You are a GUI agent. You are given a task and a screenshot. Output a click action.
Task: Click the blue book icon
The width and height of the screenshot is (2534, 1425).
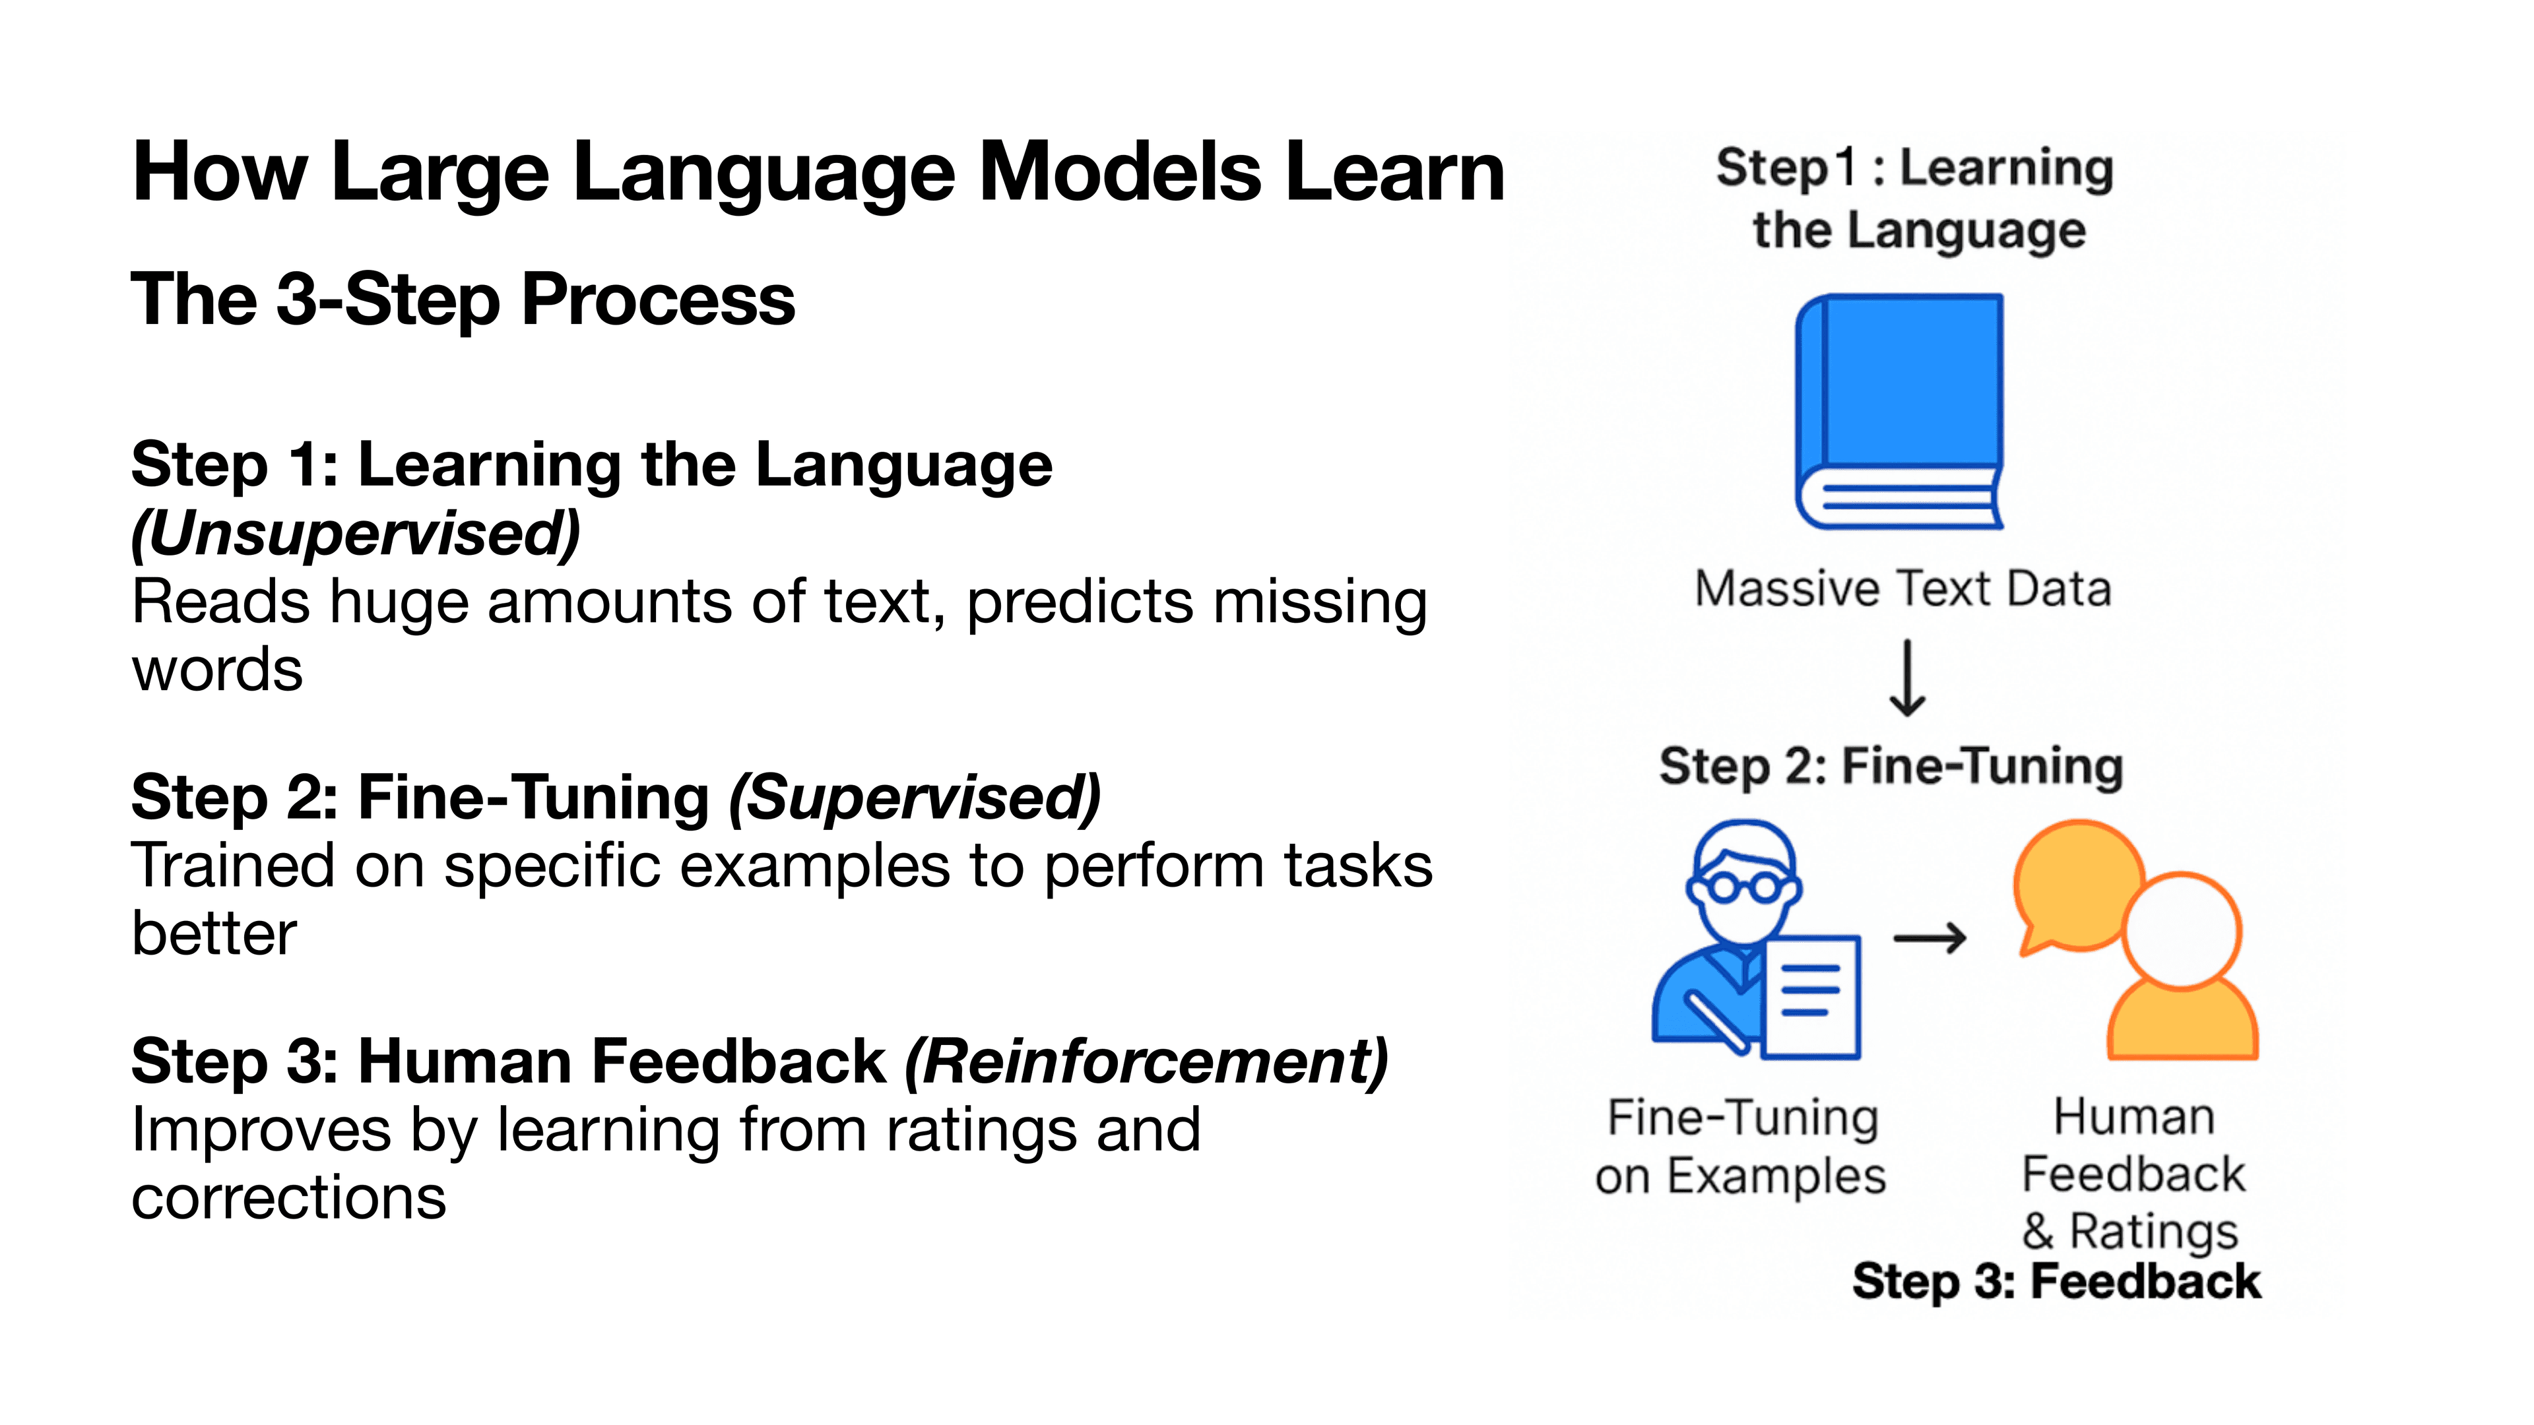coord(1899,411)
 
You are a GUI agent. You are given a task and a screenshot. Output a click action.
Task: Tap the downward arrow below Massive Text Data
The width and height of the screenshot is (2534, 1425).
coord(1907,679)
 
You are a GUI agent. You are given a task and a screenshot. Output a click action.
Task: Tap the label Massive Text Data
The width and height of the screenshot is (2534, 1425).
coord(1902,589)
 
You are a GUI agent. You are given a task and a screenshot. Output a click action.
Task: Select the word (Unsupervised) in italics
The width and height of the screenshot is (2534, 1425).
coord(356,533)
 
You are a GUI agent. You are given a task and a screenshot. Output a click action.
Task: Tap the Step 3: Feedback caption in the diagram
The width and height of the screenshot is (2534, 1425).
coord(2056,1281)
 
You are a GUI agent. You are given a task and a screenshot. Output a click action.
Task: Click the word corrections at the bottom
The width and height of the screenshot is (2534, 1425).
coord(288,1198)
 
